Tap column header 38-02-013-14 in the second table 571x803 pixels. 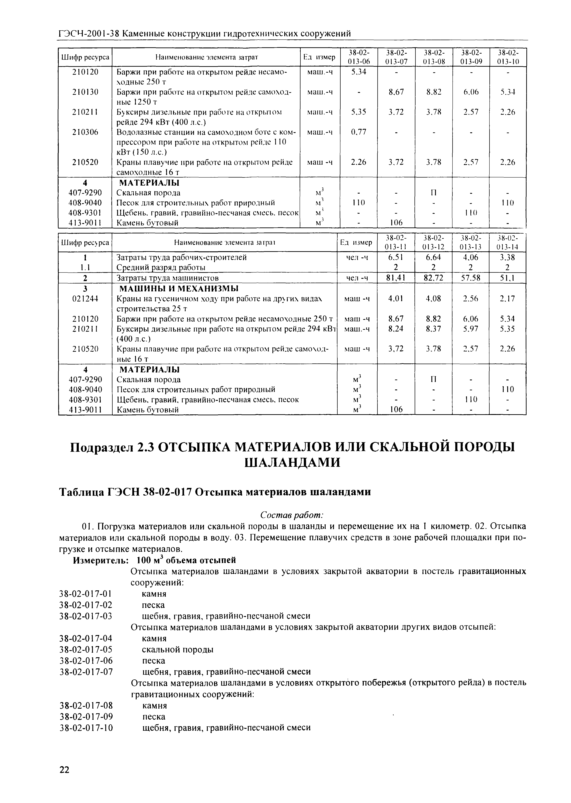click(x=507, y=242)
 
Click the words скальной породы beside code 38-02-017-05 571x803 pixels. click(x=178, y=650)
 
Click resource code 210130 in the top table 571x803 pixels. click(x=85, y=92)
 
